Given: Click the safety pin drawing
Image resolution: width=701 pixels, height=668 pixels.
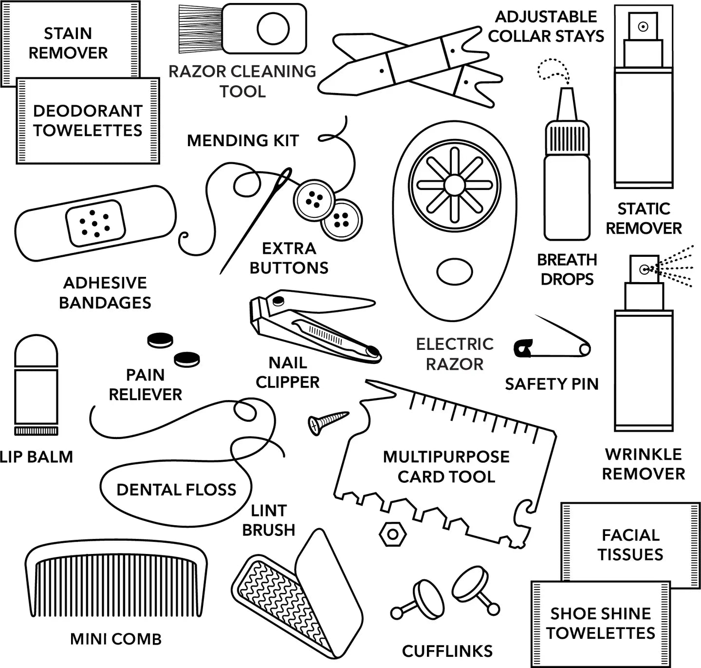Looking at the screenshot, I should click(x=553, y=344).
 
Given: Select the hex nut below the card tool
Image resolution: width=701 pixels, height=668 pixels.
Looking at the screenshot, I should click(x=392, y=534).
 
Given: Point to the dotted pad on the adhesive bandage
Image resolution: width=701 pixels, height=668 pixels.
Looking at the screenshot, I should click(x=95, y=223).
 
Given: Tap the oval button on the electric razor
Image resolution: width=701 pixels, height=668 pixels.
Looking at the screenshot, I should click(x=454, y=272).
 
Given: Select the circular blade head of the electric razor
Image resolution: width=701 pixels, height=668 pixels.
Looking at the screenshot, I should click(x=454, y=185).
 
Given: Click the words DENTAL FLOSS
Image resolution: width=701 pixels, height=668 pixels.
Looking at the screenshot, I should click(x=176, y=490).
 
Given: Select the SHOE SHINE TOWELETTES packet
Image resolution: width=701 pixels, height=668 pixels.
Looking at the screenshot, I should click(x=600, y=623).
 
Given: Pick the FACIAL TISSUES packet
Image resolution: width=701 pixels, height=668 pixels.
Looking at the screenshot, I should click(x=630, y=544).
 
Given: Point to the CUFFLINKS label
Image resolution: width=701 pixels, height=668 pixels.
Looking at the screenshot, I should click(x=447, y=651).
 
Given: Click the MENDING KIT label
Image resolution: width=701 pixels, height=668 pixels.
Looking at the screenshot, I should click(x=242, y=141).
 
